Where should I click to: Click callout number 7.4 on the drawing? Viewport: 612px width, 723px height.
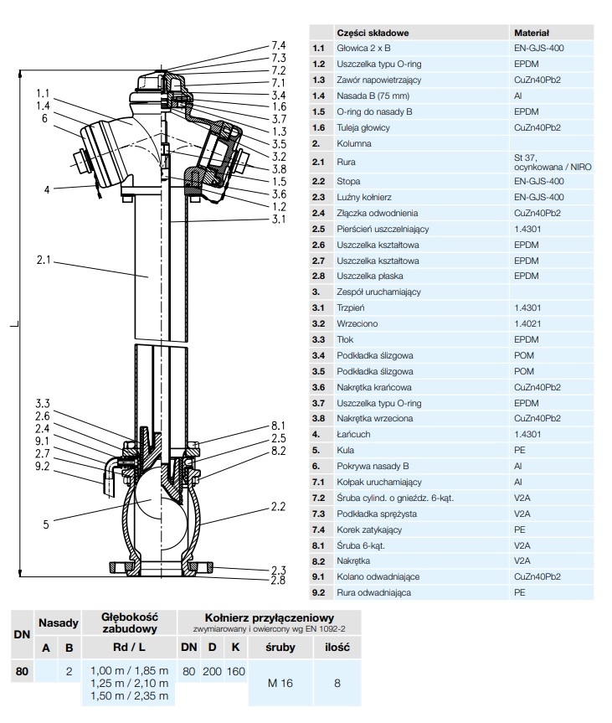pos(278,45)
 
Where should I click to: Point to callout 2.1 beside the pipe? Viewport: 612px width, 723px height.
pos(44,261)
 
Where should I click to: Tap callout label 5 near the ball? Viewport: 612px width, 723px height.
pos(46,524)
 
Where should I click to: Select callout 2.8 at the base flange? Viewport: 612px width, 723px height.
pos(278,580)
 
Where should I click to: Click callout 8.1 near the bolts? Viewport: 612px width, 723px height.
pos(278,425)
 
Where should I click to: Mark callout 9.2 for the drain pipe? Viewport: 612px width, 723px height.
pos(43,466)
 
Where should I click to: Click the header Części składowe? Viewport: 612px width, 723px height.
pos(372,33)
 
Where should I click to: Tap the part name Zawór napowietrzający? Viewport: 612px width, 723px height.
pos(379,80)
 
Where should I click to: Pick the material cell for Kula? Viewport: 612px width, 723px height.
pos(520,450)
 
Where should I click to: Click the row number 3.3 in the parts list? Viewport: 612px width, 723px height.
pos(318,339)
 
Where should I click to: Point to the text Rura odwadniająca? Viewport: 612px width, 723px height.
pos(373,593)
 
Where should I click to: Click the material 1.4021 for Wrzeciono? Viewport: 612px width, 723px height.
pos(527,323)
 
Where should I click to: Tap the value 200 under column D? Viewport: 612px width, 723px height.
pos(213,671)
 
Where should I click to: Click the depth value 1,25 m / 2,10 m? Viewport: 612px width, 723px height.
pos(129,684)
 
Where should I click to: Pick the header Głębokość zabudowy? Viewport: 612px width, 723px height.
pos(129,622)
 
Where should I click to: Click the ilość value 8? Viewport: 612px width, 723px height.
pos(337,683)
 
